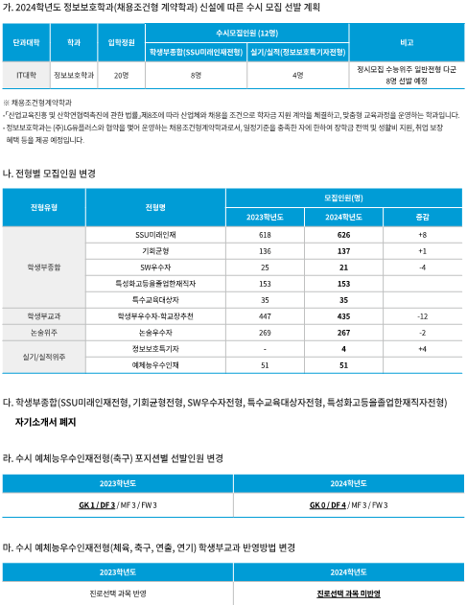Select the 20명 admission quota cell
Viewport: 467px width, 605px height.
click(121, 74)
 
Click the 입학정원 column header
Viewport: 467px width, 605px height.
click(121, 44)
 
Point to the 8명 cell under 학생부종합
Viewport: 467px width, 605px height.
click(196, 74)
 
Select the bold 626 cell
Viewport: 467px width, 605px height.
click(343, 235)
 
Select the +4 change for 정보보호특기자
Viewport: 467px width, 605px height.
click(422, 349)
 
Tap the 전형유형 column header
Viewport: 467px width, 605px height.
click(44, 207)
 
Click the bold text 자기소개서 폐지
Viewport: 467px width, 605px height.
click(45, 421)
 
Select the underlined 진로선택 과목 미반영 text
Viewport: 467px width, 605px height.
click(349, 593)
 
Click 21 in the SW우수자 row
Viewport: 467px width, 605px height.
click(343, 268)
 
